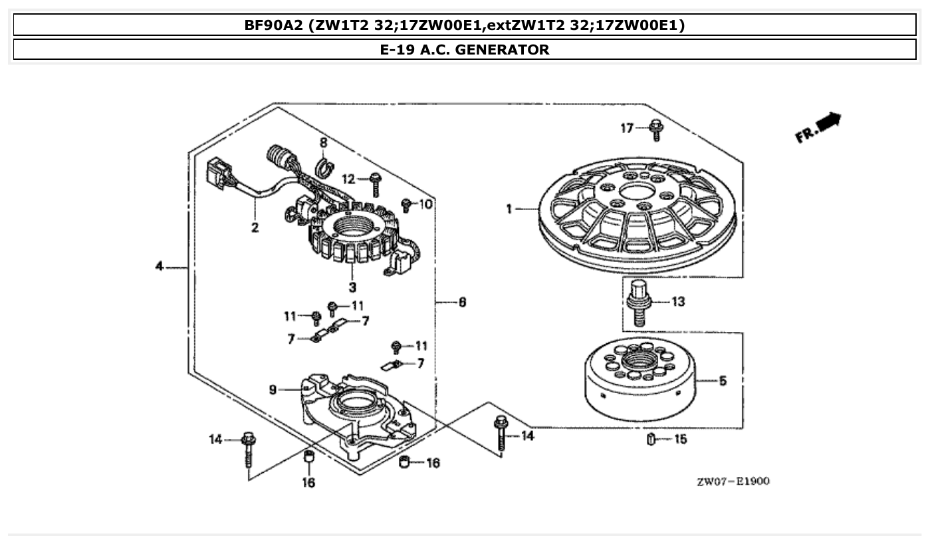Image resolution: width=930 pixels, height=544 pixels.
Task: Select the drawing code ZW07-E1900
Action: tap(733, 481)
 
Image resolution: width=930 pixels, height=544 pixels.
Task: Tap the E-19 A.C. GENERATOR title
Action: tap(465, 49)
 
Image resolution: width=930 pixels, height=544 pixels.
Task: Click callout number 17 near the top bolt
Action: tap(627, 128)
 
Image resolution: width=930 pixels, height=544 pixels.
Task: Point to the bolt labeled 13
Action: tap(637, 302)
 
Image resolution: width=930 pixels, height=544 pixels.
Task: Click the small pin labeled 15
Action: tap(651, 440)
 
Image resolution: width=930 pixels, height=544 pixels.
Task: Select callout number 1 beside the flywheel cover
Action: tap(509, 209)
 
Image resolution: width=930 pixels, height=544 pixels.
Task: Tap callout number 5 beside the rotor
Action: tap(723, 381)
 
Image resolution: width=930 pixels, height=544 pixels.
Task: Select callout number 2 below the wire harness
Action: tap(255, 228)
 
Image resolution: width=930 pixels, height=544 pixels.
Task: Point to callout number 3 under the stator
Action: tap(352, 287)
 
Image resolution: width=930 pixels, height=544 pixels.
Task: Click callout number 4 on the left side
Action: tap(159, 267)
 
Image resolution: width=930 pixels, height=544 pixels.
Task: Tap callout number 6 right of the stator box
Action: tap(461, 302)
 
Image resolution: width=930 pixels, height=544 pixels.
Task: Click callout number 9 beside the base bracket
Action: tap(273, 390)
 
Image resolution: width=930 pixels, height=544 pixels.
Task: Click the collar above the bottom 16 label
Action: tap(308, 458)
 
